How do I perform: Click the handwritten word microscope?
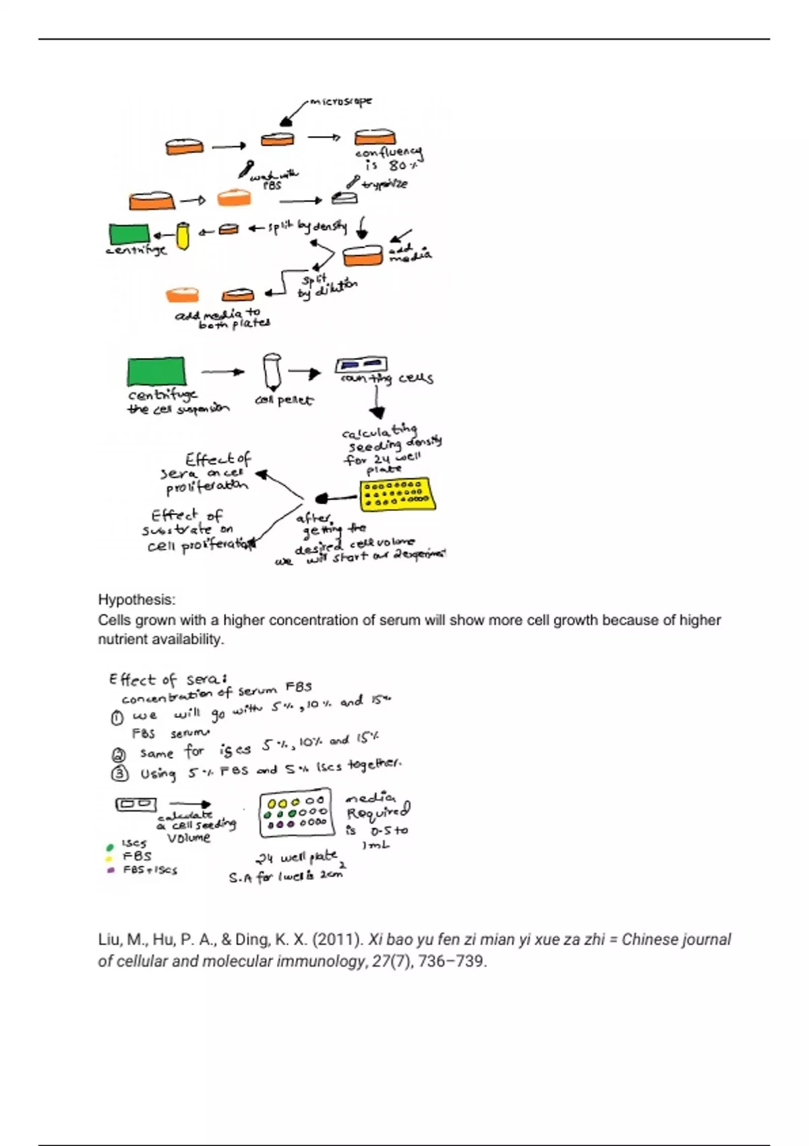[341, 102]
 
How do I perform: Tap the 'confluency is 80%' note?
[388, 159]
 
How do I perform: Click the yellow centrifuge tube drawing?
[182, 236]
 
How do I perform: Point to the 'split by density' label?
[307, 227]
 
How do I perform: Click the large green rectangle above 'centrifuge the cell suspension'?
[156, 371]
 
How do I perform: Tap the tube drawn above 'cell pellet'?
[272, 371]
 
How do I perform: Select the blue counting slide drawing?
[361, 365]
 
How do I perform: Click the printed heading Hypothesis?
[136, 599]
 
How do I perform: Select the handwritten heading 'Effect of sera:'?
[168, 680]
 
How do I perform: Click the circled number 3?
[119, 773]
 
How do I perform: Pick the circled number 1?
[117, 718]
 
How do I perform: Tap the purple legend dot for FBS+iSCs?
[110, 870]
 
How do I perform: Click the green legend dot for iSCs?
[110, 847]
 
